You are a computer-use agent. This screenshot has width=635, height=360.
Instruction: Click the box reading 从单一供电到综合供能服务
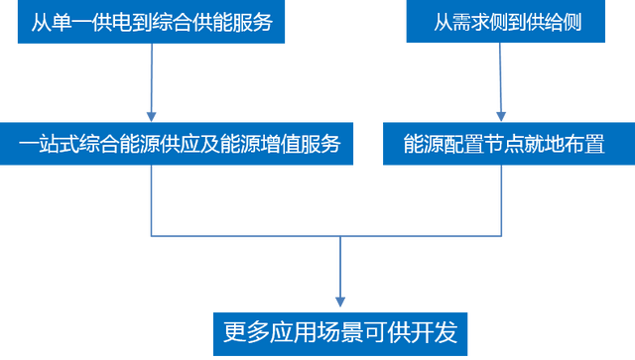[151, 22]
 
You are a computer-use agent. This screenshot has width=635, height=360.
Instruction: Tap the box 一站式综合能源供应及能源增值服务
[179, 144]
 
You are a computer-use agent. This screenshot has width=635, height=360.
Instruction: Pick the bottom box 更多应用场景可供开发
[340, 332]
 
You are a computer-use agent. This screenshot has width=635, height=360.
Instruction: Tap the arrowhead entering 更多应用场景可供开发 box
[340, 301]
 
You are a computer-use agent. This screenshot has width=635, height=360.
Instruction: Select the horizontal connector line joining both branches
[248, 238]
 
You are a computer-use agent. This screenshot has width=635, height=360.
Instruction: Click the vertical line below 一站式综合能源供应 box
[151, 203]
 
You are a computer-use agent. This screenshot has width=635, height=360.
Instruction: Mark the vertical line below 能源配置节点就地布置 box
[501, 203]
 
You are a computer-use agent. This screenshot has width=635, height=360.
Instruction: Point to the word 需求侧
[474, 22]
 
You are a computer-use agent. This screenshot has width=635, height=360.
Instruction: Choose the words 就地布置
[563, 144]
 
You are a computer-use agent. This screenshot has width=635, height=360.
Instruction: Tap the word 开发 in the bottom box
[435, 332]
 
